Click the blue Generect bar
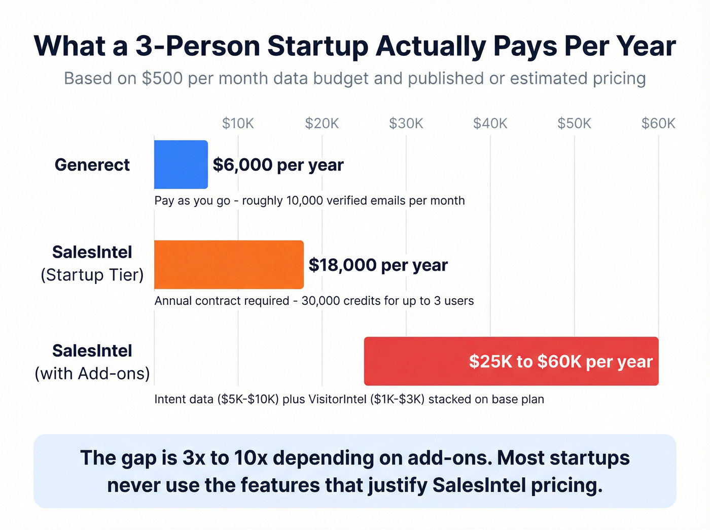point(181,164)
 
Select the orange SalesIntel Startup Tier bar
point(229,265)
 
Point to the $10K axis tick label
point(238,123)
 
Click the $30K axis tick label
point(406,123)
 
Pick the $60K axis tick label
point(658,123)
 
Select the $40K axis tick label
point(490,123)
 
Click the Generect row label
point(92,165)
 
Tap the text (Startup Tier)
point(92,275)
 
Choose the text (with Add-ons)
point(92,374)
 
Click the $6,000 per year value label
point(278,165)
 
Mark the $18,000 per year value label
point(378,265)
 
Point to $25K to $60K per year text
point(560,362)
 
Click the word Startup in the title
point(317,46)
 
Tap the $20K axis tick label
point(322,123)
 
